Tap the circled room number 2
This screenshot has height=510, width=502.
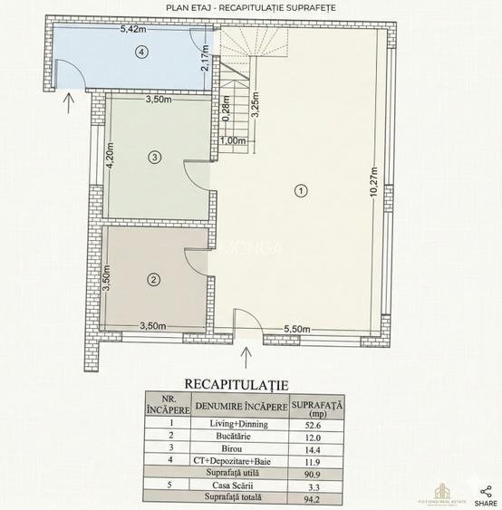tap(154, 280)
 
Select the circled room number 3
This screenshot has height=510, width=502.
tap(155, 158)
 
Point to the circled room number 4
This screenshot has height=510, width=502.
tap(140, 53)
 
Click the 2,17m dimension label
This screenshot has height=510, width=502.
tap(207, 59)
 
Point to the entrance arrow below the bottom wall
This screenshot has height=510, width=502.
tap(246, 351)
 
